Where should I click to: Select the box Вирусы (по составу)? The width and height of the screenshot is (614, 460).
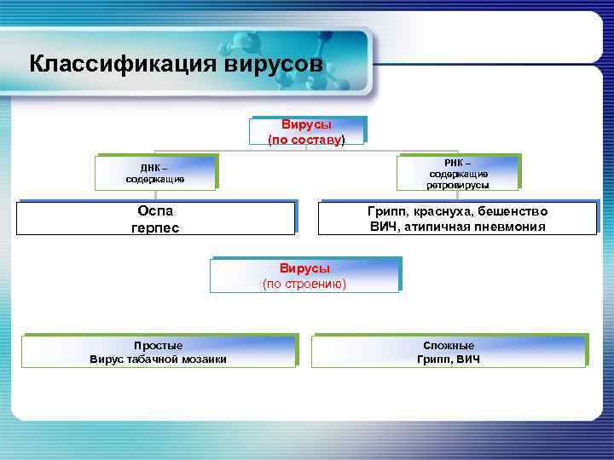coord(306,131)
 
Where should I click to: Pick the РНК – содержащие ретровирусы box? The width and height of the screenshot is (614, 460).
coord(459,173)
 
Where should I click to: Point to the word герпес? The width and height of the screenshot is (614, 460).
coord(155,227)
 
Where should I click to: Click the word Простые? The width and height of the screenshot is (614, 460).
coord(159,346)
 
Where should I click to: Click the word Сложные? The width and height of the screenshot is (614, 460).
coord(449,346)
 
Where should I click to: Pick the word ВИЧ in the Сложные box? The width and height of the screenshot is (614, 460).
coord(467,359)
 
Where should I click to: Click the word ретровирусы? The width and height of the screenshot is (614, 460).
coord(459,184)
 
